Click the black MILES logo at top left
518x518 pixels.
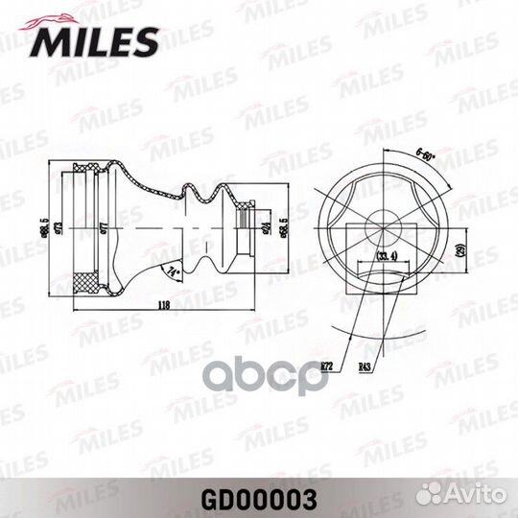[97, 39]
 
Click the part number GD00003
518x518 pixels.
[259, 499]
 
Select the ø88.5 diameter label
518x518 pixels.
[43, 228]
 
